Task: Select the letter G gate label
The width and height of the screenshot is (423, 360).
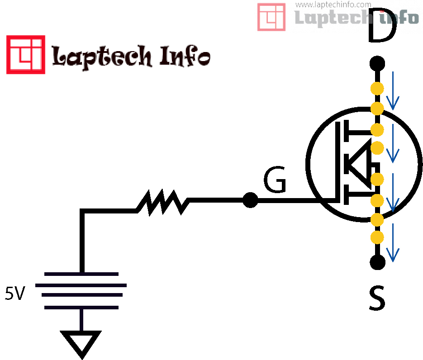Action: (x=275, y=181)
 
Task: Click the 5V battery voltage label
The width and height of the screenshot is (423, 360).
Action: (x=15, y=294)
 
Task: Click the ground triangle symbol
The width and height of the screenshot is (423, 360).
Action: (x=82, y=343)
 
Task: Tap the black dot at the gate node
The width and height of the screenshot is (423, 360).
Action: (x=250, y=199)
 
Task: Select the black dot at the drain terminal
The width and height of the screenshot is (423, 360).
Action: (x=377, y=63)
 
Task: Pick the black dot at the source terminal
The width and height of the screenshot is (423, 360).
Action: (x=377, y=261)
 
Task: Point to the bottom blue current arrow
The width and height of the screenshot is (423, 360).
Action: (x=393, y=243)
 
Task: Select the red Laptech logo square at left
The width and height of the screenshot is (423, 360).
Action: (x=25, y=55)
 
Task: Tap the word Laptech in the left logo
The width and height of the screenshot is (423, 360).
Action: (x=102, y=57)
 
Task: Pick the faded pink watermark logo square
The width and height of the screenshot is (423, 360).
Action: (x=271, y=17)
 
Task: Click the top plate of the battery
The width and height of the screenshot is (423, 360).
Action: (x=82, y=274)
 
